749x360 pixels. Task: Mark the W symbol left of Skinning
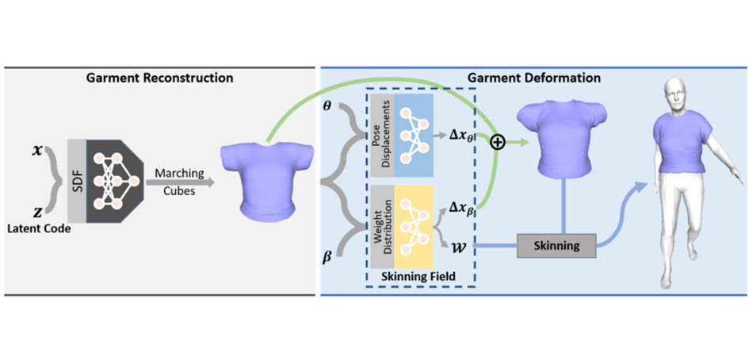[x=458, y=246]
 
